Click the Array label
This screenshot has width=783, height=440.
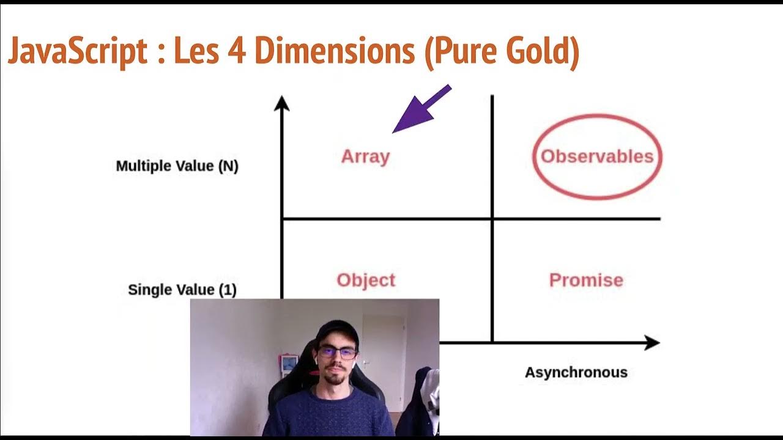[365, 156]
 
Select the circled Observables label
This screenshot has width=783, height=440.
[597, 156]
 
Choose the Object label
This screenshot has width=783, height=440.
[366, 280]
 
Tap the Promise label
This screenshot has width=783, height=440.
[586, 280]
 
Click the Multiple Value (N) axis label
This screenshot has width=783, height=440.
[177, 166]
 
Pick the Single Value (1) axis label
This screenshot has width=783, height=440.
[182, 290]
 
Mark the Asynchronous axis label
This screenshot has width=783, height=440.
[576, 372]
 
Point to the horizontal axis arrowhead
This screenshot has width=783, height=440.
[651, 343]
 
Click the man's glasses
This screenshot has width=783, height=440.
[336, 353]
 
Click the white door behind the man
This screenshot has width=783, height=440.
[383, 354]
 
